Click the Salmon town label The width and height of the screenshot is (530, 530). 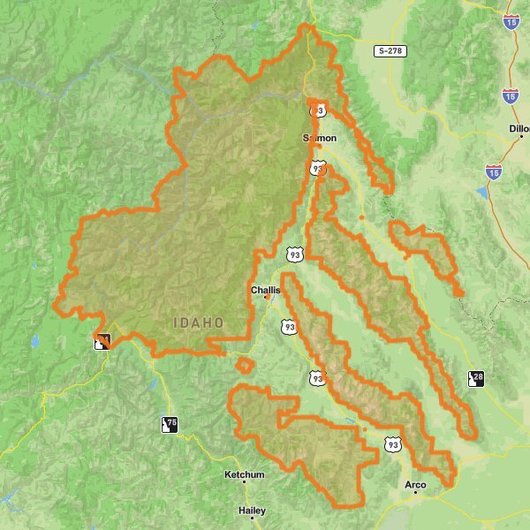[320, 138]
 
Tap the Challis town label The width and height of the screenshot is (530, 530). [265, 289]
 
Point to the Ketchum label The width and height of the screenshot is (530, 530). [245, 474]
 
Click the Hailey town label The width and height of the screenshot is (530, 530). [252, 511]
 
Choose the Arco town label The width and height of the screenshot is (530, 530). [414, 485]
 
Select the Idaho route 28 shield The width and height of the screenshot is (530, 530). [476, 378]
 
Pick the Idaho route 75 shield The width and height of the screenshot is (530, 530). [169, 424]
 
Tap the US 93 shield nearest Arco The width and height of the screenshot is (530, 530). [392, 443]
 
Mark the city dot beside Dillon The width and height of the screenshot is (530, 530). [522, 137]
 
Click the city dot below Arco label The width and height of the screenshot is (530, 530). [415, 493]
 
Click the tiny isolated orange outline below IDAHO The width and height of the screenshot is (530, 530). [246, 363]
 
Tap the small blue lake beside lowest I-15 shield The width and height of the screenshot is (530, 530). [481, 192]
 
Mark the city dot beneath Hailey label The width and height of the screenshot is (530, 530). [252, 519]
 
